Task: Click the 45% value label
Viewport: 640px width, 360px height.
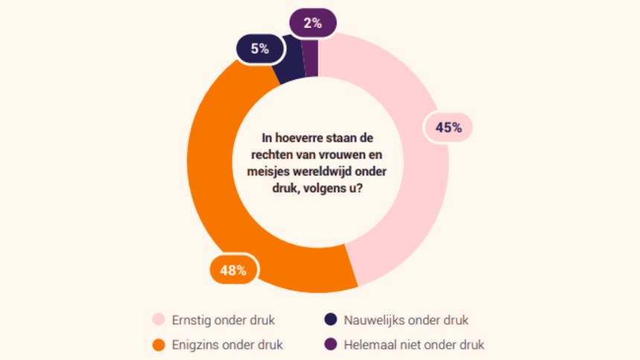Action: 449,127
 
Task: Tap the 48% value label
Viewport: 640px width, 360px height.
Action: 233,270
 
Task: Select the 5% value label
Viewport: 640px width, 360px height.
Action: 259,50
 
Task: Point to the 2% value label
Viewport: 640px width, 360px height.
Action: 313,23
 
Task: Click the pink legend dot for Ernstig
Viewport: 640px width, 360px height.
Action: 158,321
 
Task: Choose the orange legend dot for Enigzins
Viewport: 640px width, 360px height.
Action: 158,345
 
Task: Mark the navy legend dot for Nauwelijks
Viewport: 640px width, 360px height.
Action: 330,321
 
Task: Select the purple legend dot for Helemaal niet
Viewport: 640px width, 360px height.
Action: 330,345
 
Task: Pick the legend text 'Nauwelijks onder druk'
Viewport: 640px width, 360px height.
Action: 406,321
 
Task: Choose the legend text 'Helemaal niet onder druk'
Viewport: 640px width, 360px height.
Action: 415,345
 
